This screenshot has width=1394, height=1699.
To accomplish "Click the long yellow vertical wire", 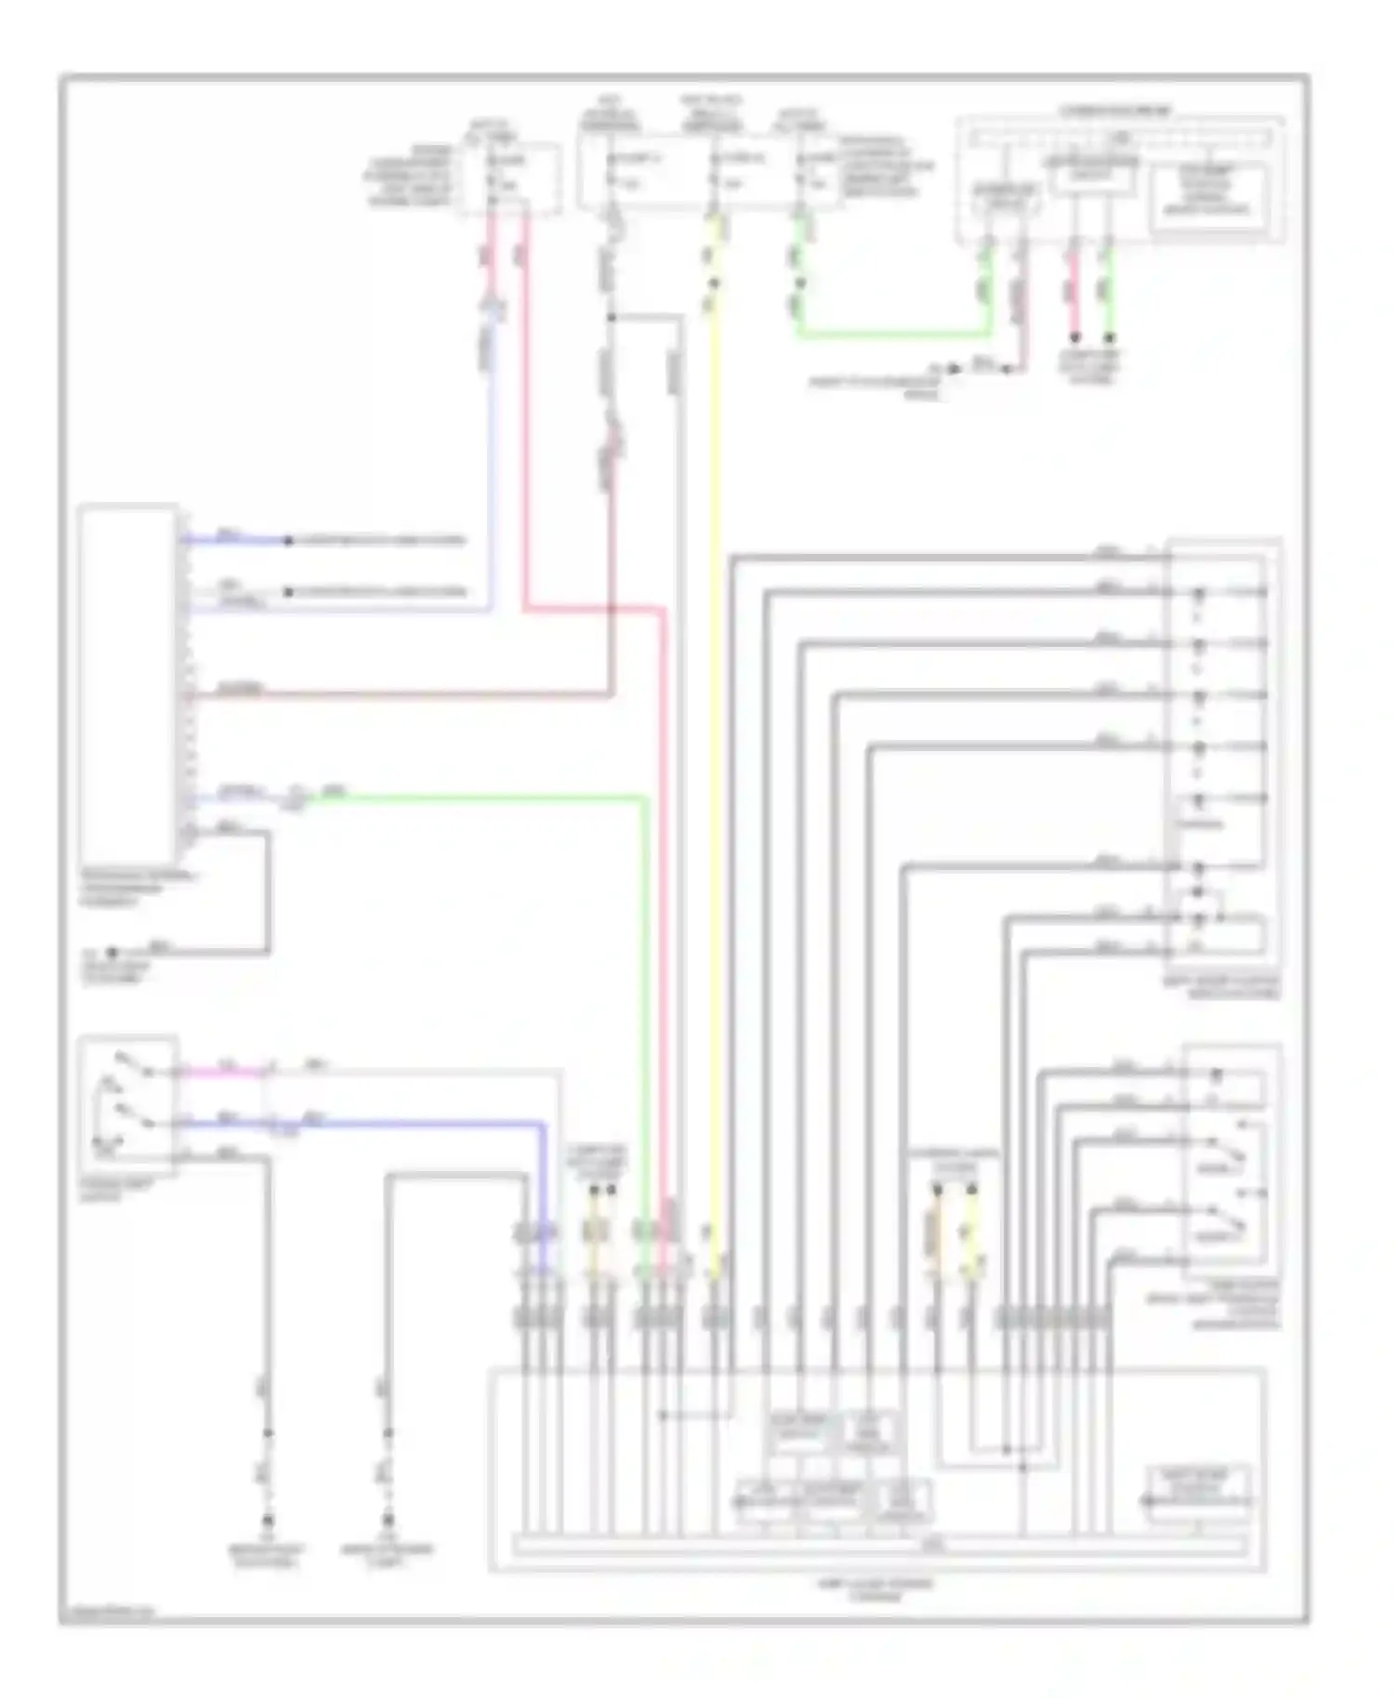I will tap(714, 744).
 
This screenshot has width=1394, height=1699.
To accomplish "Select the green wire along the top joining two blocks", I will tap(892, 334).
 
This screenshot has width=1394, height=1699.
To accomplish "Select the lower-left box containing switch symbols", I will tap(127, 1100).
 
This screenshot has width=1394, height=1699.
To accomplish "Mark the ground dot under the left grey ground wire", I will tap(268, 1521).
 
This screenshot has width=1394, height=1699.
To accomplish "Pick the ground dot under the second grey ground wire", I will tap(388, 1521).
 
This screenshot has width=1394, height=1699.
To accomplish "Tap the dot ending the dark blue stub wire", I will tap(288, 540).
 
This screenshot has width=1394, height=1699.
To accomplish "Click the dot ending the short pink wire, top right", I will tap(1074, 337).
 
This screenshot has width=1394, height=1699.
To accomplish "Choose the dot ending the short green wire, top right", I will tap(1109, 337).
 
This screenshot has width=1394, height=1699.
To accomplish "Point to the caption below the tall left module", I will tap(138, 889).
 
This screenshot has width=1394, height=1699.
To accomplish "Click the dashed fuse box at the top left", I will tap(508, 178).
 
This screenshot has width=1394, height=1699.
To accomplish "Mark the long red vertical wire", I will tap(664, 929).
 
